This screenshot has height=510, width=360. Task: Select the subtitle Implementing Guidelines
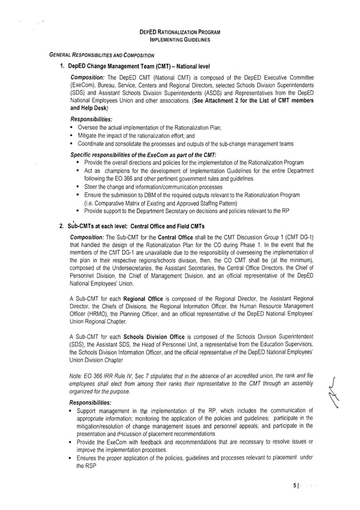tap(180, 41)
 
